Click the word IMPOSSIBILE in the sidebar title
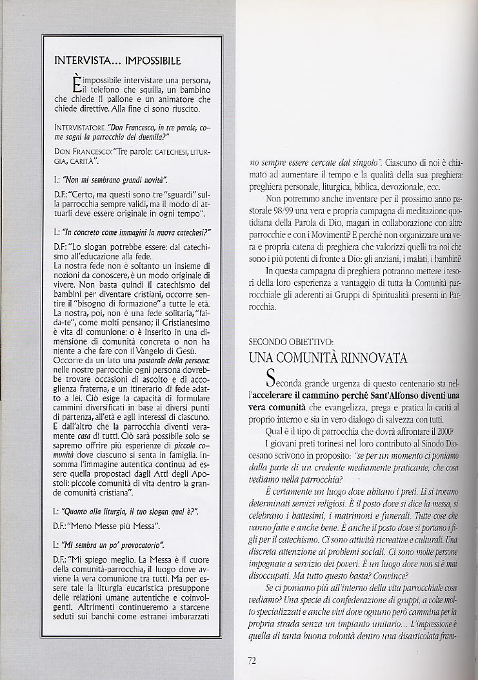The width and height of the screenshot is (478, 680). pos(148,61)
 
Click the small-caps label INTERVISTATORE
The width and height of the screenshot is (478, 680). pos(80,127)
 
